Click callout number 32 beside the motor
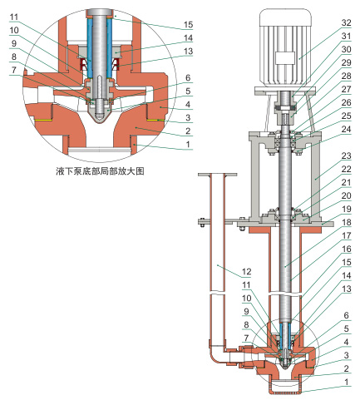click(x=346, y=22)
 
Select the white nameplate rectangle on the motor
click(x=285, y=58)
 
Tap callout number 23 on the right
click(x=346, y=156)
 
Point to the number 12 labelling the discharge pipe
click(x=246, y=272)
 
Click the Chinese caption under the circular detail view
click(x=100, y=171)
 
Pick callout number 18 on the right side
click(x=346, y=222)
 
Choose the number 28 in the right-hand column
click(x=346, y=76)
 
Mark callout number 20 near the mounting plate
click(x=346, y=195)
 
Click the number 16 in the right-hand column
click(x=346, y=249)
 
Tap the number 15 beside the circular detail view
click(x=188, y=25)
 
